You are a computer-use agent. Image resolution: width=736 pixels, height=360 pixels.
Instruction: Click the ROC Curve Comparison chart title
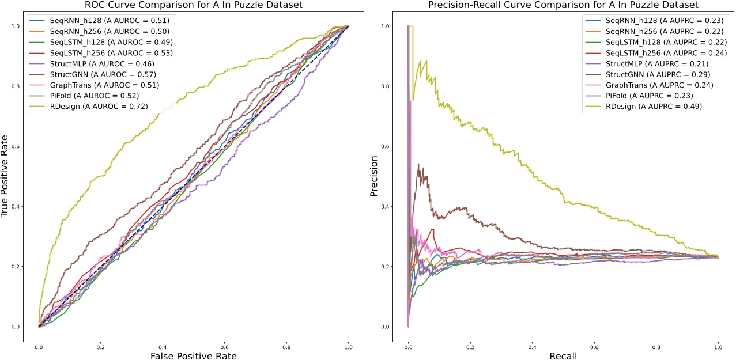[x=193, y=5]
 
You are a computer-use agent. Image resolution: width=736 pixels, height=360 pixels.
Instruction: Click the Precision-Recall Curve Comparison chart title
[x=563, y=5]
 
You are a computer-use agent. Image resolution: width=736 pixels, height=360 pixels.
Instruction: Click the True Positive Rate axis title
[x=5, y=176]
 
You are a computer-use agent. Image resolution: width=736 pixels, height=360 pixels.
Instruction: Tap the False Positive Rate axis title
[x=193, y=356]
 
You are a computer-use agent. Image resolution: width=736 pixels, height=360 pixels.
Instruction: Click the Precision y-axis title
[x=374, y=176]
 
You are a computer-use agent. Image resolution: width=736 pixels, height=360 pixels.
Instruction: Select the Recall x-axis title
[x=563, y=356]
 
